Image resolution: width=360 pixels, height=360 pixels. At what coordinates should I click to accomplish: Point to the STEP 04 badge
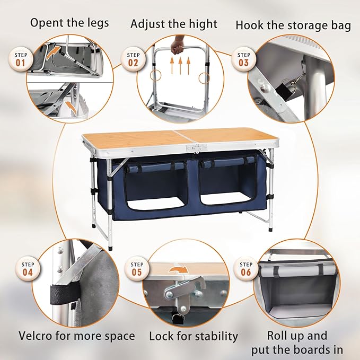tap(28, 269)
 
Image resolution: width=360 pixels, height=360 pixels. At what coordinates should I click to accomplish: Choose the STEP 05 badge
tap(137, 269)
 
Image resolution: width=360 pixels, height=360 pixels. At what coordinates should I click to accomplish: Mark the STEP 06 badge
tap(246, 269)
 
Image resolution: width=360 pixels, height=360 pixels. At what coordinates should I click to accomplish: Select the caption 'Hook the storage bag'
tap(293, 25)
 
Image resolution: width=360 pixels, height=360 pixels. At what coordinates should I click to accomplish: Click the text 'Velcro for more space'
tap(76, 336)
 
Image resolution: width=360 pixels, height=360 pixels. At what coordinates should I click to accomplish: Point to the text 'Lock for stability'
tap(194, 336)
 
